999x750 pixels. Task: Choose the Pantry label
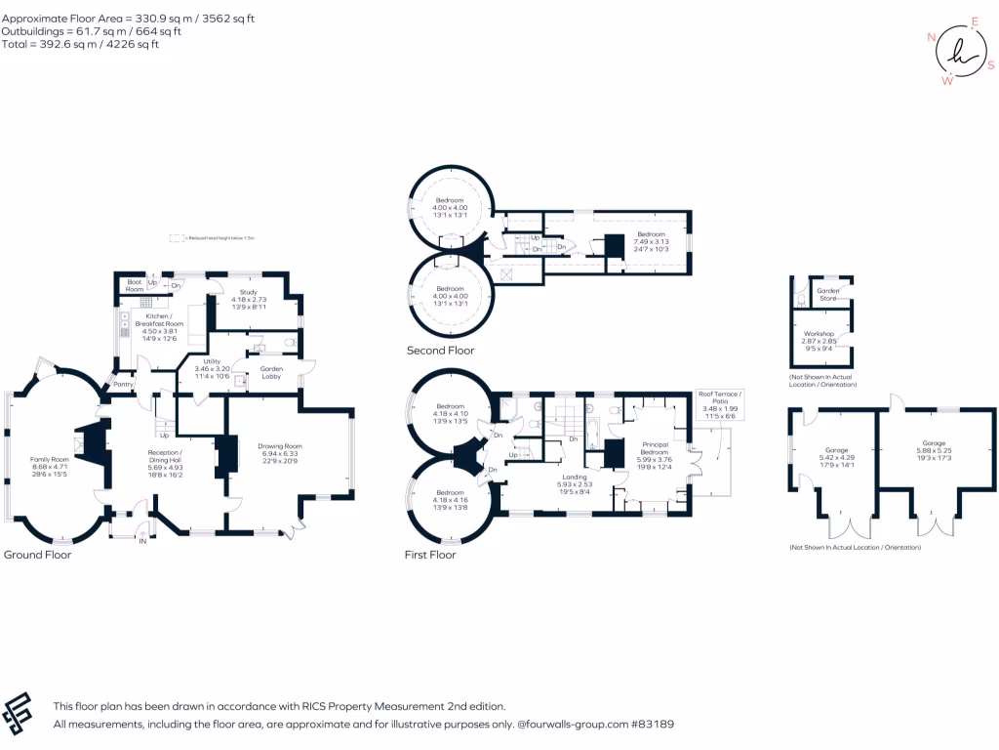click(x=124, y=385)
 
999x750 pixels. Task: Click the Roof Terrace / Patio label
click(x=719, y=396)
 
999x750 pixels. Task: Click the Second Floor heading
click(x=441, y=351)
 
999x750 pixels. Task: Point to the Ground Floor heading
click(x=37, y=555)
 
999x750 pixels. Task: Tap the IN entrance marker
click(x=142, y=540)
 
